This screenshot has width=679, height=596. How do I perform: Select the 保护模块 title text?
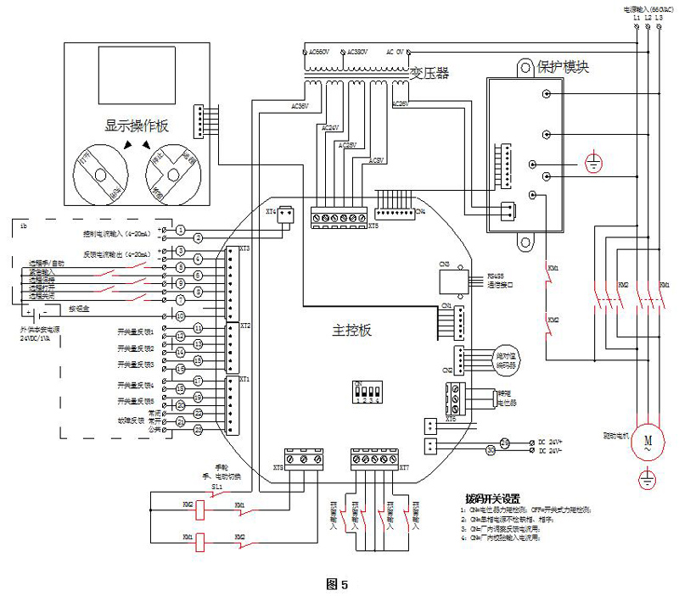point(564,65)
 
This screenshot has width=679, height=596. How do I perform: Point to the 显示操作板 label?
point(137,125)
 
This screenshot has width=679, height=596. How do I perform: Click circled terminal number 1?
point(181,230)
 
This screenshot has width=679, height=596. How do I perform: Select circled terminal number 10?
point(180,315)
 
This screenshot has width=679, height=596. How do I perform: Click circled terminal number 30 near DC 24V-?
point(491,450)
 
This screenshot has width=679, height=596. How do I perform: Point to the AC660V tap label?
point(317,52)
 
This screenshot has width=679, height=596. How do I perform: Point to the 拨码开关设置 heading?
point(492,499)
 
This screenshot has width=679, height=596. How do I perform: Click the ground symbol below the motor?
point(648,478)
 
